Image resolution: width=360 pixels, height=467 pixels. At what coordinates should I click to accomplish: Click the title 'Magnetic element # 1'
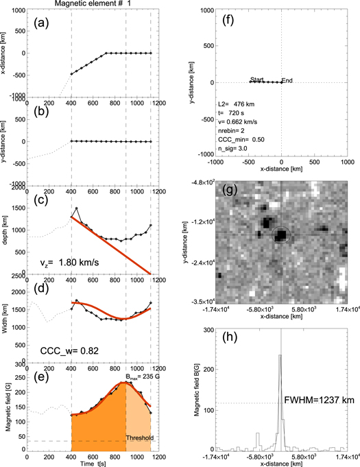(x=101, y=5)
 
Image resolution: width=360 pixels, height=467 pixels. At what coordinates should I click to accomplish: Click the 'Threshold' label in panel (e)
(x=139, y=436)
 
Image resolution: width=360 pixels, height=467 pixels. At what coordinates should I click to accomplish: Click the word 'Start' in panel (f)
(x=257, y=80)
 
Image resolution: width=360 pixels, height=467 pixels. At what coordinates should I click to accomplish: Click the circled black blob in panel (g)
(x=280, y=235)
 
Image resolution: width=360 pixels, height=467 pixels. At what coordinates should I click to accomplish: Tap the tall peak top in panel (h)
(x=280, y=355)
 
